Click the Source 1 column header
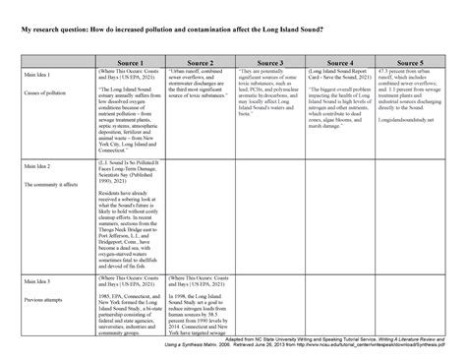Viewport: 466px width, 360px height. coord(130,62)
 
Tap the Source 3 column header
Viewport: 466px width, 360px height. coord(270,62)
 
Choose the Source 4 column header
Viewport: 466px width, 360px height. coord(339,62)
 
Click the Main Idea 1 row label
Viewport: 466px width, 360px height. coord(38,75)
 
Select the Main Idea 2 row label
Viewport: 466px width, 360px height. coord(38,171)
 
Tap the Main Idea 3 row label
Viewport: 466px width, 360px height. coord(38,281)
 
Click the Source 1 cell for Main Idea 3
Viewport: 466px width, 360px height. coord(130,301)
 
